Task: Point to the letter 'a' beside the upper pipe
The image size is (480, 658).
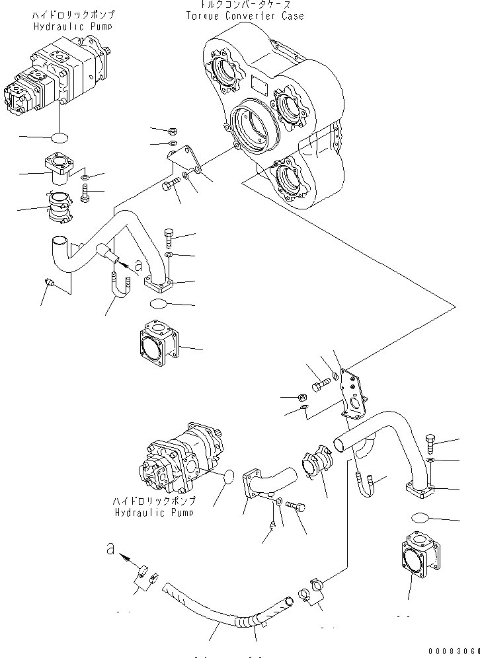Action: (138, 266)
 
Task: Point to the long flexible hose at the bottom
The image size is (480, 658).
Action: (225, 608)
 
